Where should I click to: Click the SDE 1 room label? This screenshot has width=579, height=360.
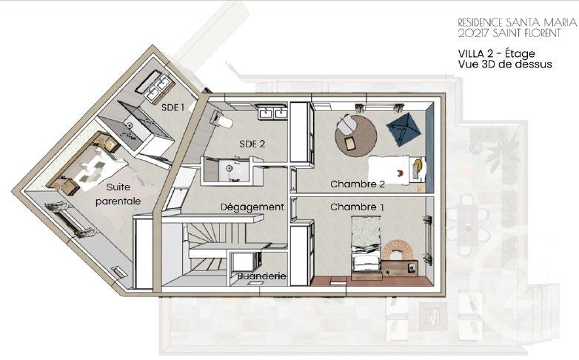(173, 107)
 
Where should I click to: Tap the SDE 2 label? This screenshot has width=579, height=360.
(252, 144)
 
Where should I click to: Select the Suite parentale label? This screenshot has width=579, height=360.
(123, 194)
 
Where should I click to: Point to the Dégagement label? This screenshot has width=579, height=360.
(252, 207)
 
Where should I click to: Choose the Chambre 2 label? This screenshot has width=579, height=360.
(358, 184)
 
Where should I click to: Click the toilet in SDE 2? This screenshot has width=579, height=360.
(222, 119)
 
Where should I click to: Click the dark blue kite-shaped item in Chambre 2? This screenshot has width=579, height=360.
(404, 130)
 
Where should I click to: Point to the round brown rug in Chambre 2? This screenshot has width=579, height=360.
(355, 135)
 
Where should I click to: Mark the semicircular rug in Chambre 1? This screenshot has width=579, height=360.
(394, 250)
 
